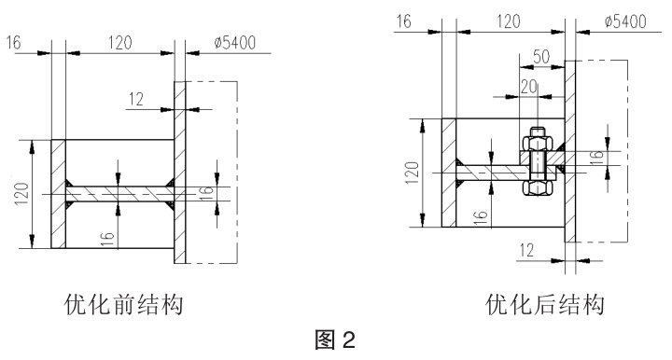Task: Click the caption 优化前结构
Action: (124, 304)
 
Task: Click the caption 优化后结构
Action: (545, 304)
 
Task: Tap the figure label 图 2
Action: (335, 339)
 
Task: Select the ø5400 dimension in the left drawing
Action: (234, 42)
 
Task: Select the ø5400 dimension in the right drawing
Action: (625, 21)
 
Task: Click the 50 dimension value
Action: (541, 57)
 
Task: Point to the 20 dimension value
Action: (529, 87)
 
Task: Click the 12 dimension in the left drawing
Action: (136, 99)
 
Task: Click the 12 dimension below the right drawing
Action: (526, 250)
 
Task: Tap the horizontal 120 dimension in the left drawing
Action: (120, 42)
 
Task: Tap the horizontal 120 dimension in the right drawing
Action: (509, 21)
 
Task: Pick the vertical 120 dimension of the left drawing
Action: (21, 193)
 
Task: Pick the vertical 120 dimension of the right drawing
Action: (412, 173)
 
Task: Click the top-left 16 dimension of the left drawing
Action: (13, 42)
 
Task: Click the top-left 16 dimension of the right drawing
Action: (403, 21)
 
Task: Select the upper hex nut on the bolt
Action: (538, 143)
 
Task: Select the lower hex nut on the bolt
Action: (538, 187)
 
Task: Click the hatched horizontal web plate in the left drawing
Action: (120, 194)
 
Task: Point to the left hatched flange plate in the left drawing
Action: (58, 194)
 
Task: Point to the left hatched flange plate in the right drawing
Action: (449, 173)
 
